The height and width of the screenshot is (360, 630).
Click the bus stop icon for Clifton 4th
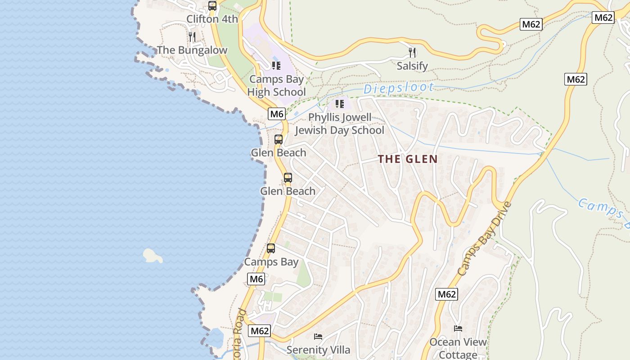coord(212,6)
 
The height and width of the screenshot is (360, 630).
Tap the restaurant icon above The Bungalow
coord(192,36)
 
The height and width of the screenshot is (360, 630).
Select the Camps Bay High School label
coord(276,85)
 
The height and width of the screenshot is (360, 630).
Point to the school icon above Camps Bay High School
coord(276,66)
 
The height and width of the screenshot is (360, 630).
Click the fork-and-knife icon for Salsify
coord(412,53)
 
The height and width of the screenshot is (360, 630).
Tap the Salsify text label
coord(412,66)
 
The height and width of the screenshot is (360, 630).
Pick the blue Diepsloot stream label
coord(399,88)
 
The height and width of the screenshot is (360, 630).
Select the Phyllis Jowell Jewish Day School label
coord(340,124)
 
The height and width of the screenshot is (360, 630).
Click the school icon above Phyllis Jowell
coord(340,104)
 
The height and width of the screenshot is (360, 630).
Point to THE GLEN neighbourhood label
coord(408,159)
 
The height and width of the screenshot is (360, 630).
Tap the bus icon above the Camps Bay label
coord(271,248)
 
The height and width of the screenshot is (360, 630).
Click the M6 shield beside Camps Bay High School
coord(277,114)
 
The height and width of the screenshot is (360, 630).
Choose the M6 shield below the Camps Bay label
coord(256,279)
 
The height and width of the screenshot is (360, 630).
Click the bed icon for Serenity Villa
coord(318,336)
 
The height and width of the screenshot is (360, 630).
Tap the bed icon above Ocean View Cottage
coord(458,328)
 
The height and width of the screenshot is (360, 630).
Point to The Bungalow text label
coord(192,50)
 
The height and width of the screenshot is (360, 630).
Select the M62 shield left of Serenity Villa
coord(260,331)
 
